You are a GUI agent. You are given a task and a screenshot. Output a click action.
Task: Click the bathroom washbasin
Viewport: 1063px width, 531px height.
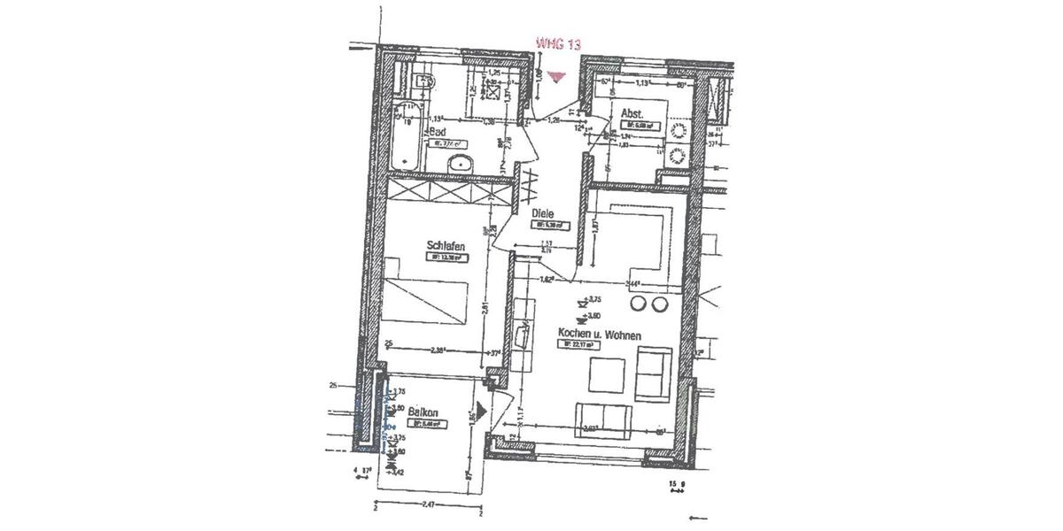click(x=461, y=162)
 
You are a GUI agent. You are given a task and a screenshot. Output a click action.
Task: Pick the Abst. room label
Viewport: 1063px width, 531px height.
click(x=632, y=113)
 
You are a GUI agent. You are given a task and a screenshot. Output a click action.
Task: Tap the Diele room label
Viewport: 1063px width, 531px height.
click(x=543, y=213)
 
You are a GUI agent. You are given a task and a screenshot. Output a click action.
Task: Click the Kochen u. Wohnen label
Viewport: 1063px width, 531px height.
click(x=599, y=334)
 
